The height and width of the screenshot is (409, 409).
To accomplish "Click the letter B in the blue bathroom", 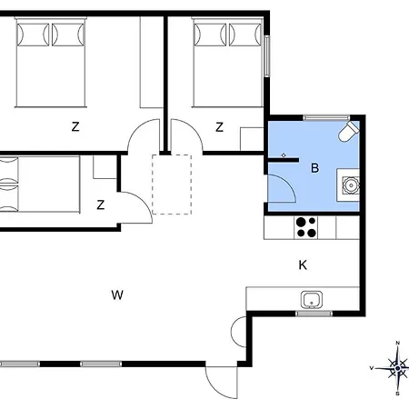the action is (315, 168).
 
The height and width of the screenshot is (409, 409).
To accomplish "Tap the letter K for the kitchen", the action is (303, 265).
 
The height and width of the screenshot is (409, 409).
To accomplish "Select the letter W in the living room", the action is (117, 294).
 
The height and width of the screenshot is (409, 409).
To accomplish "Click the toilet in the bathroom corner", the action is (349, 132).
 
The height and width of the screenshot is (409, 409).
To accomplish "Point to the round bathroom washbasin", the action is (351, 185).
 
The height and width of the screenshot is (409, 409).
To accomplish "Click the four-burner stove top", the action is (305, 227).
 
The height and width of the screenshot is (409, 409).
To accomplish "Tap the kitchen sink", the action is (312, 300).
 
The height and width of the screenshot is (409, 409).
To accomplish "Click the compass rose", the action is (397, 368).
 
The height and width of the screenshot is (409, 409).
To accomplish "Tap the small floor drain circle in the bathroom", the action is (284, 155).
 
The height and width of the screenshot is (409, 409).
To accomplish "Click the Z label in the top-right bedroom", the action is (220, 127).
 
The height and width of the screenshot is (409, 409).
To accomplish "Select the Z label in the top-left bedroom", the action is (75, 126).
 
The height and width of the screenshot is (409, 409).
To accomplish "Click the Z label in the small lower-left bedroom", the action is (101, 205).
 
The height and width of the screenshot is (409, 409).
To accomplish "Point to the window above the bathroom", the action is (326, 117).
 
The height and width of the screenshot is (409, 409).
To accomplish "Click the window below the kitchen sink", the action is (314, 314).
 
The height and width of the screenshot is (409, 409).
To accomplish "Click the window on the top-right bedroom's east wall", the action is (267, 56).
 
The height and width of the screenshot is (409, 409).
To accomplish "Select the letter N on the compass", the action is (398, 343).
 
